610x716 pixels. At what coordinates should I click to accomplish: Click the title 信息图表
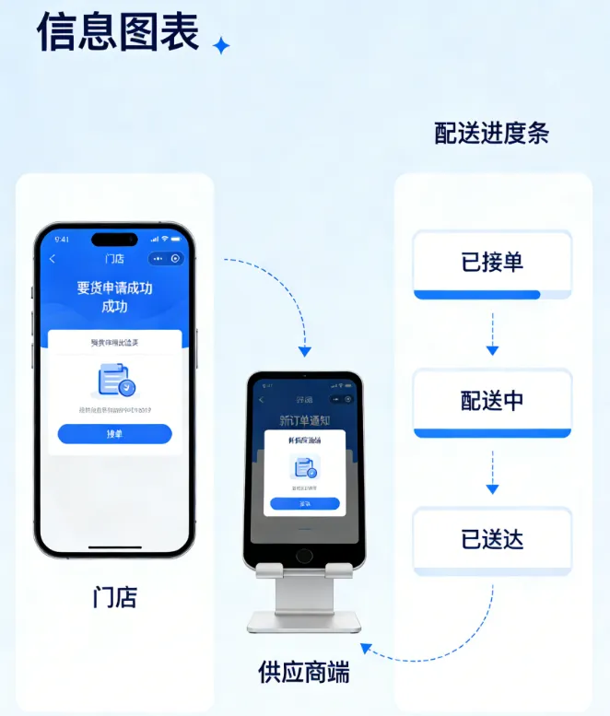117,32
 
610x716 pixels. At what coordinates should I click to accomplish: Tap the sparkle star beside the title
221,45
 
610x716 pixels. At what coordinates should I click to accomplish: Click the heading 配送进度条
491,133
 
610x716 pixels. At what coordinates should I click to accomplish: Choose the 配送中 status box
492,401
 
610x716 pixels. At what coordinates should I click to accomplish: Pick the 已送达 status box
492,539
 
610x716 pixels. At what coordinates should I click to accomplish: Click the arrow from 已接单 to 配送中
492,335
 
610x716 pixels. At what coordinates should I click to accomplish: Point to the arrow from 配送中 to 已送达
492,473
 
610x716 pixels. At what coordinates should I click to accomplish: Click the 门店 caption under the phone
115,596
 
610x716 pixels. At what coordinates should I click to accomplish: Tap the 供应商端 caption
303,672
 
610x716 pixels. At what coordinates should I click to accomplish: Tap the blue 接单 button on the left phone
114,434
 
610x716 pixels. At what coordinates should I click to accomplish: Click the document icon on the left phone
114,381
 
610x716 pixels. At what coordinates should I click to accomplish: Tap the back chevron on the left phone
53,259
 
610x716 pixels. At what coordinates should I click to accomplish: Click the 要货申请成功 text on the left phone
114,288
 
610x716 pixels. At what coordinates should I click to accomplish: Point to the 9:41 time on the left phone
62,239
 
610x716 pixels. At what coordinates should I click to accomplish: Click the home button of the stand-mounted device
303,556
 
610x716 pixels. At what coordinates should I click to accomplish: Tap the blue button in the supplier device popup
304,504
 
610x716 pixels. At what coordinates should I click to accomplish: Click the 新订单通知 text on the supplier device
304,420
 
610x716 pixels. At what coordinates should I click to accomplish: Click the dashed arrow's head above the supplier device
304,351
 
